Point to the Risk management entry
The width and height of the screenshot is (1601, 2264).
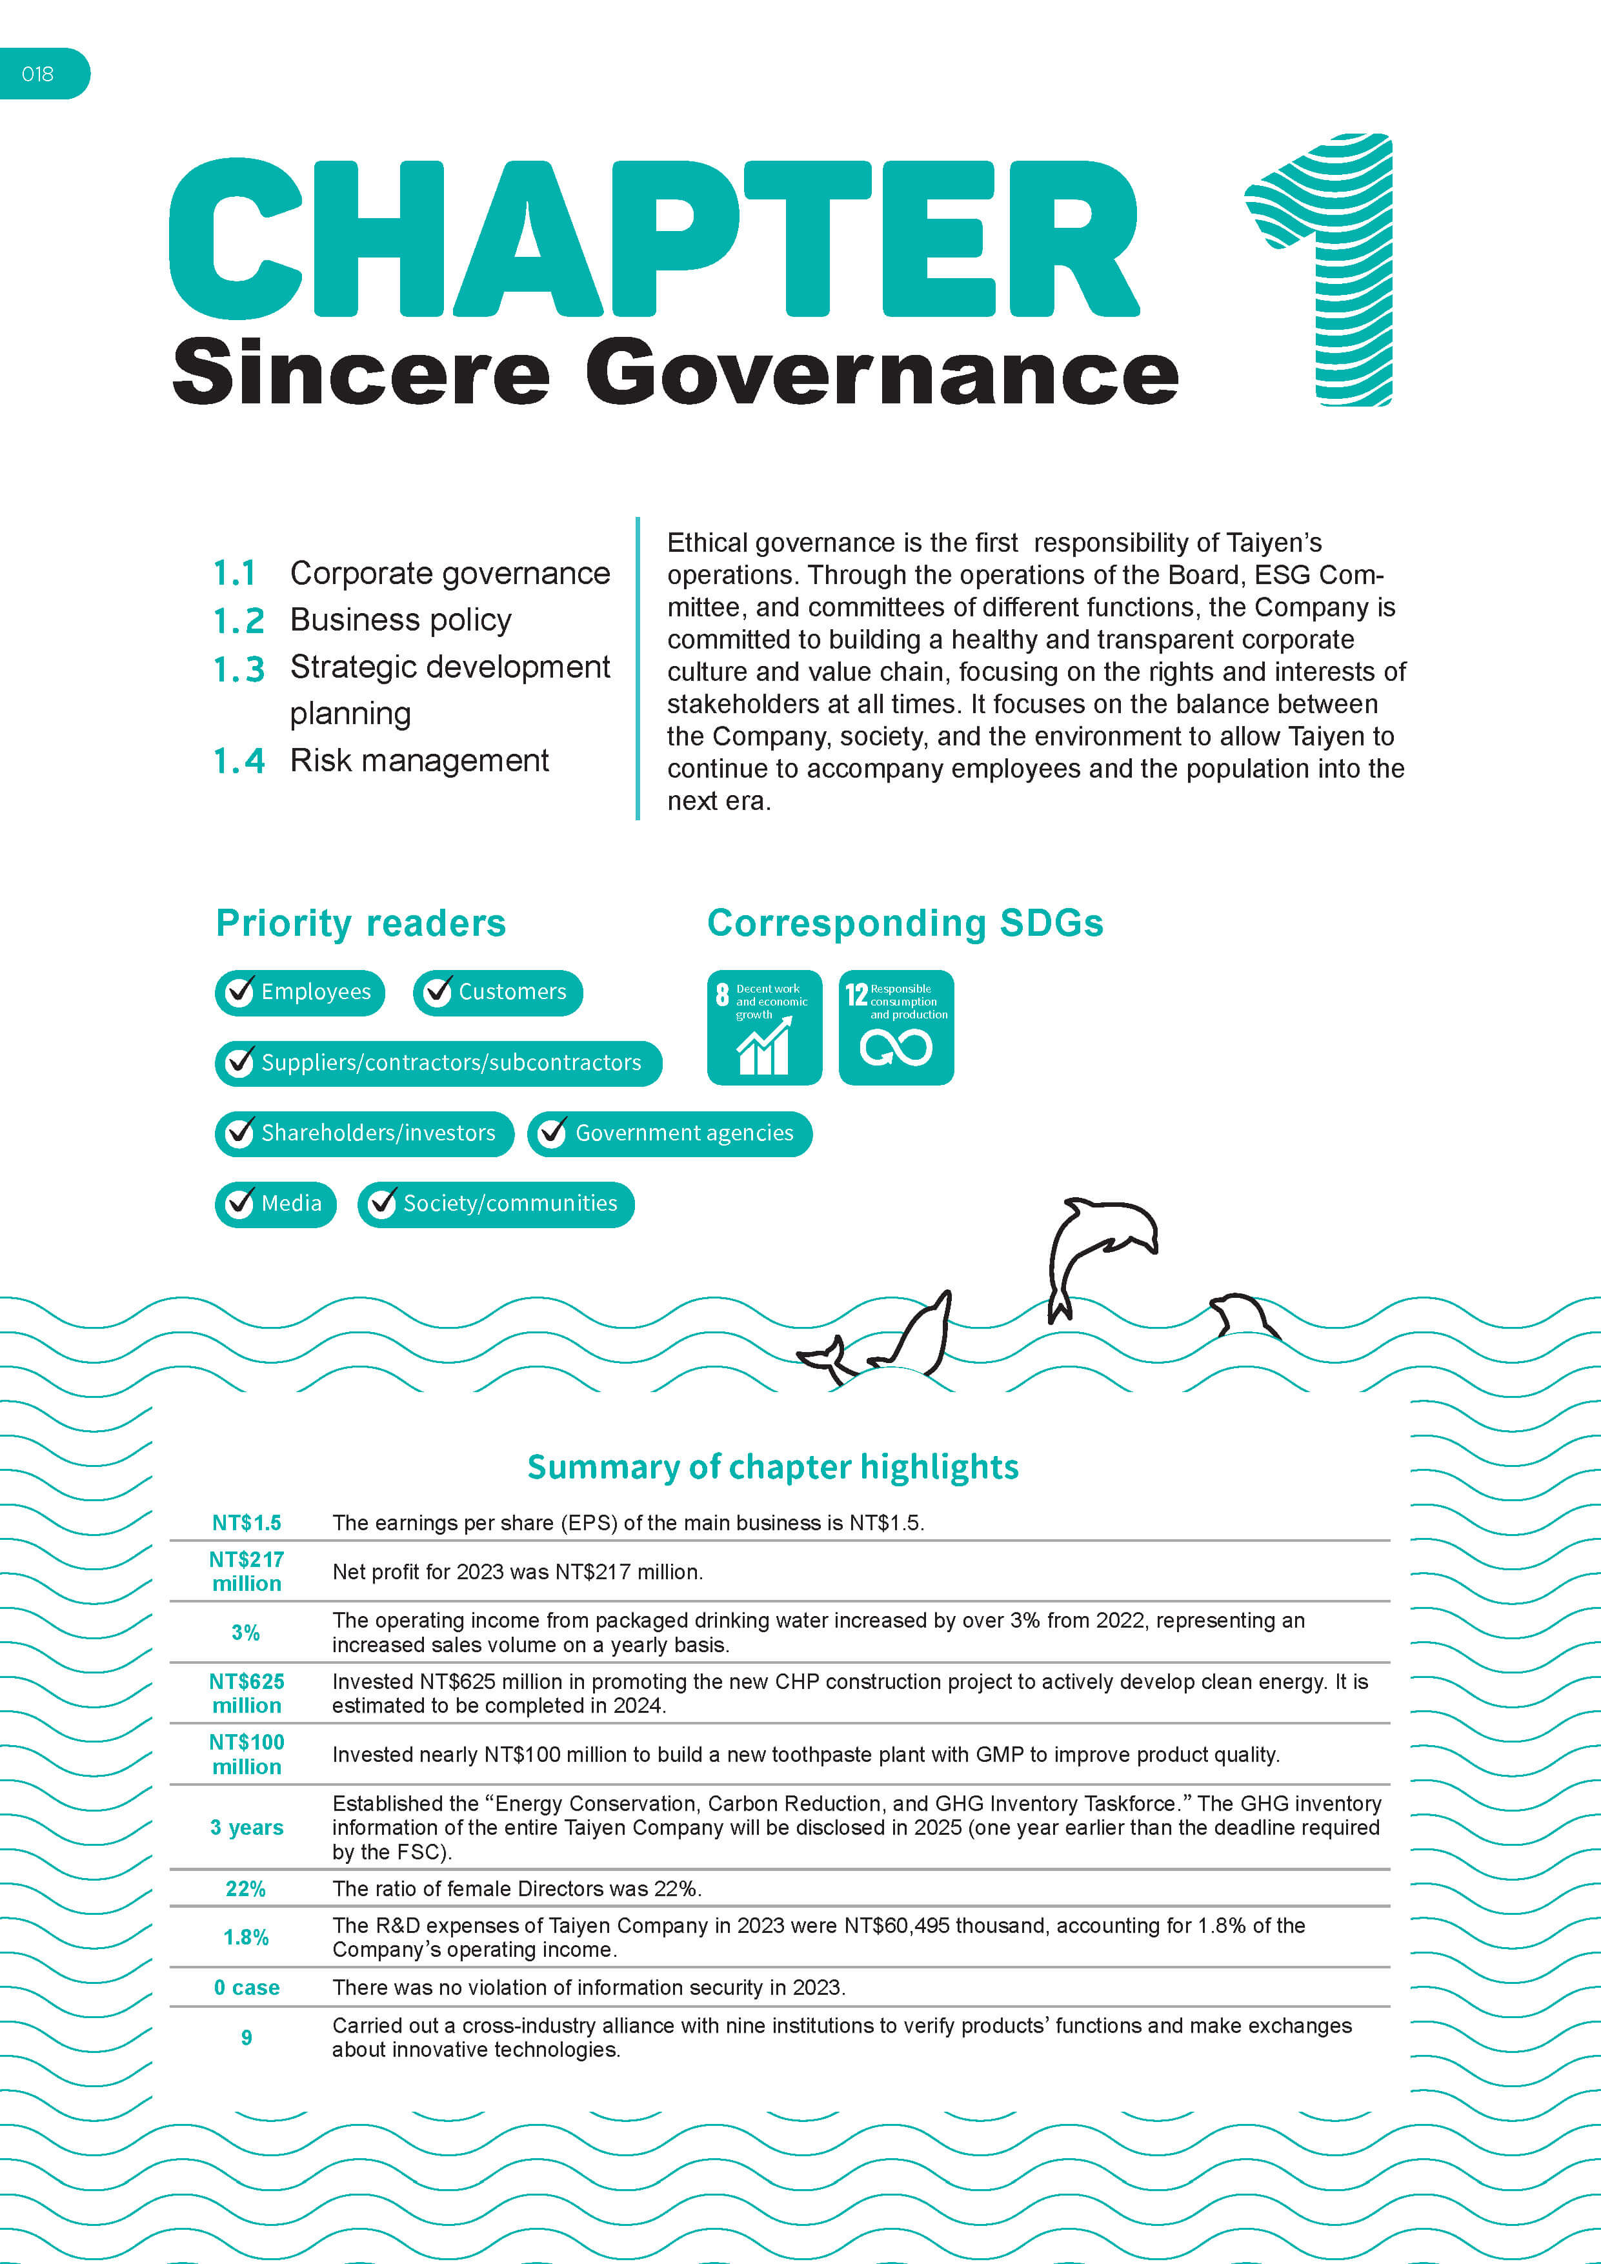(419, 760)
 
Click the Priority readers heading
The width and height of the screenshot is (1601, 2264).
(361, 923)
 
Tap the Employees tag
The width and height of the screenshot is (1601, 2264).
(299, 992)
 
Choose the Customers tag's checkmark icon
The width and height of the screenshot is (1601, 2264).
(437, 992)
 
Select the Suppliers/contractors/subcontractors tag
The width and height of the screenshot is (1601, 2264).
(438, 1063)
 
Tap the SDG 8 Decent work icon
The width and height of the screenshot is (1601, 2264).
(764, 1027)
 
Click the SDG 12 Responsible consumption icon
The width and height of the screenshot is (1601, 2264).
(896, 1027)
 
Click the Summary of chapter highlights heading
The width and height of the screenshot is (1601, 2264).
(773, 1466)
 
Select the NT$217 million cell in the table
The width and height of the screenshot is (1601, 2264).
(247, 1571)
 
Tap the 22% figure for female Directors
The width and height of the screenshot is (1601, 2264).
(245, 1888)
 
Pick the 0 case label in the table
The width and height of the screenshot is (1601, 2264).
(247, 1987)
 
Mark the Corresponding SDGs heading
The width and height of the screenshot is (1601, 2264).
(905, 923)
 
